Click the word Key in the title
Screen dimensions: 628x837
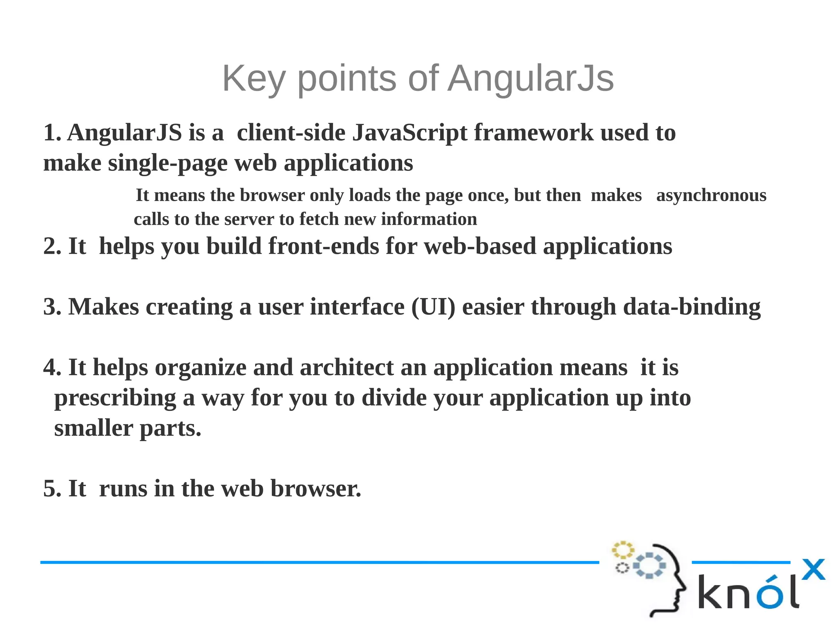(x=253, y=78)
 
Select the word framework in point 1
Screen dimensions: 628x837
(x=533, y=132)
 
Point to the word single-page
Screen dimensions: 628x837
(x=168, y=163)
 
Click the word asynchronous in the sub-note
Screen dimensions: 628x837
(x=711, y=195)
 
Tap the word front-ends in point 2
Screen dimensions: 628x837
(x=323, y=246)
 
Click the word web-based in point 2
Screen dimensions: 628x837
(x=480, y=246)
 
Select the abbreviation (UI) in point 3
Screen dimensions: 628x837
(x=433, y=307)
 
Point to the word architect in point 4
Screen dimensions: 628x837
(x=347, y=367)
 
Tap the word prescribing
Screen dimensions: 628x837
(x=115, y=398)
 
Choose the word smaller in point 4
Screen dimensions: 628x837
(x=94, y=428)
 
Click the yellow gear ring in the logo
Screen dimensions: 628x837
(x=622, y=550)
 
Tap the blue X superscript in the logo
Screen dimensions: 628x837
(x=813, y=569)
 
